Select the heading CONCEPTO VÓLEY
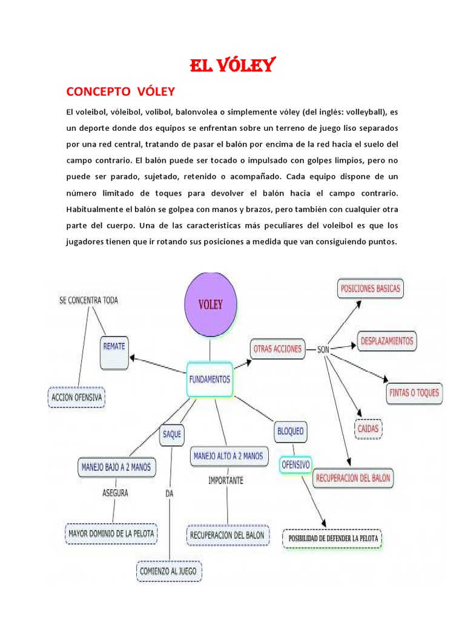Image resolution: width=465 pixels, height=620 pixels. (120, 91)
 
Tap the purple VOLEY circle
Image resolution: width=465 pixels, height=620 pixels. (209, 305)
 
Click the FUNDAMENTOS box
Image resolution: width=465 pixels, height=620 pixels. (209, 379)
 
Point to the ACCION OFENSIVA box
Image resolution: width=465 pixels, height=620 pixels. (76, 397)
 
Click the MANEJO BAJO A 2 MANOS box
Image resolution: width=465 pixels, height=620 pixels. (116, 467)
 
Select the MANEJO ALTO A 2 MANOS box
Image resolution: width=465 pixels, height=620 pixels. (228, 455)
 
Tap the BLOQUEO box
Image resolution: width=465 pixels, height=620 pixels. (291, 432)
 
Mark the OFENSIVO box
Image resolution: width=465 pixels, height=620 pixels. (295, 465)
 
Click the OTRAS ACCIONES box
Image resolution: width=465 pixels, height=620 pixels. (277, 349)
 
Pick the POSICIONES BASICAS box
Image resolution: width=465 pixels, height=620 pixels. (371, 289)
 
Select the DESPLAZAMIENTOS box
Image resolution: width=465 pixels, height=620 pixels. (386, 341)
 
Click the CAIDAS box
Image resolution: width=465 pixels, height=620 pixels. (368, 429)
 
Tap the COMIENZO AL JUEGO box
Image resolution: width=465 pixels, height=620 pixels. (169, 570)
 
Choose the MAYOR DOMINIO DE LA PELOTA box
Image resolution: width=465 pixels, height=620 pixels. (111, 534)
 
